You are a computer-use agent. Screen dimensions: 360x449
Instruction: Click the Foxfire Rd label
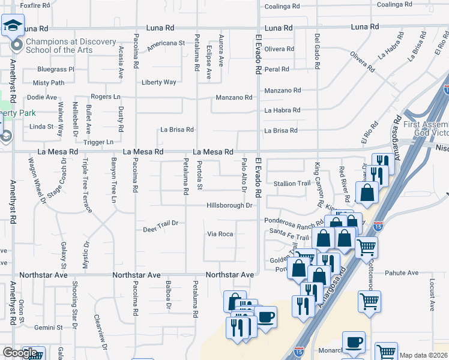[x=34, y=5]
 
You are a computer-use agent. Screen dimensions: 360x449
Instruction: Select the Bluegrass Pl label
[x=56, y=70]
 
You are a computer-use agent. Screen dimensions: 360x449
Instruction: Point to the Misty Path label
[x=49, y=83]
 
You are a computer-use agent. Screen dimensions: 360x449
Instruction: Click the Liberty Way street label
[x=159, y=82]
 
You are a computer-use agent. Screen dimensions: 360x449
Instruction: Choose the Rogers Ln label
[x=105, y=97]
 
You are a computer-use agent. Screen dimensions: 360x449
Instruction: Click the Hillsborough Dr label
[x=229, y=205]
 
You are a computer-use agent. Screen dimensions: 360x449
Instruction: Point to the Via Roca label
[x=220, y=234]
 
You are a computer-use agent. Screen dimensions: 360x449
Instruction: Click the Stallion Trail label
[x=292, y=184]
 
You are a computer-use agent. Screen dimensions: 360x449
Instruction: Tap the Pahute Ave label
[x=402, y=272]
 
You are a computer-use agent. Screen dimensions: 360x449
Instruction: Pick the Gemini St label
[x=49, y=328]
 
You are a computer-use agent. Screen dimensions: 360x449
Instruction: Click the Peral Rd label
[x=277, y=69]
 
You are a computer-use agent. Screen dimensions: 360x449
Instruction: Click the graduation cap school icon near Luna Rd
[x=12, y=26]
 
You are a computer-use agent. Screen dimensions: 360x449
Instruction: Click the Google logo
[x=20, y=353]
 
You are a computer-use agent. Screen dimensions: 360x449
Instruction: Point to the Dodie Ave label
[x=42, y=97]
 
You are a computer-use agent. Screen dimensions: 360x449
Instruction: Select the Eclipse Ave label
[x=209, y=62]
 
